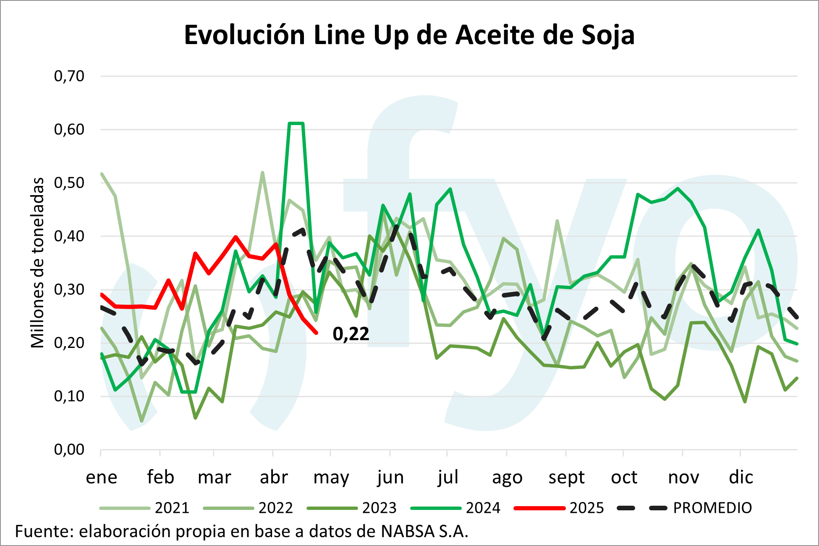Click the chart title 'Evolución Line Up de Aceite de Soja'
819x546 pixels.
pos(409,35)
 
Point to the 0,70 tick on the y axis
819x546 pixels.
pos(69,76)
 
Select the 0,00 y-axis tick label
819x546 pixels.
pos(69,449)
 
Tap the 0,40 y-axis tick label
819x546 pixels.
pos(69,236)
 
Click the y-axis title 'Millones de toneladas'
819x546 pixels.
pos(38,263)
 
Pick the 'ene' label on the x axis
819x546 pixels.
pos(102,477)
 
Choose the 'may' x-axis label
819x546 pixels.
pos(331,477)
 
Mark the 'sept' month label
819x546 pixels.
pos(566,477)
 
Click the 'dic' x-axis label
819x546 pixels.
pos(741,477)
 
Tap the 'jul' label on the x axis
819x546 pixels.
pos(447,477)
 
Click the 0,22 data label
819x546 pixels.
pos(351,334)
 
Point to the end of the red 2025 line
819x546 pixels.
pos(316,333)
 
